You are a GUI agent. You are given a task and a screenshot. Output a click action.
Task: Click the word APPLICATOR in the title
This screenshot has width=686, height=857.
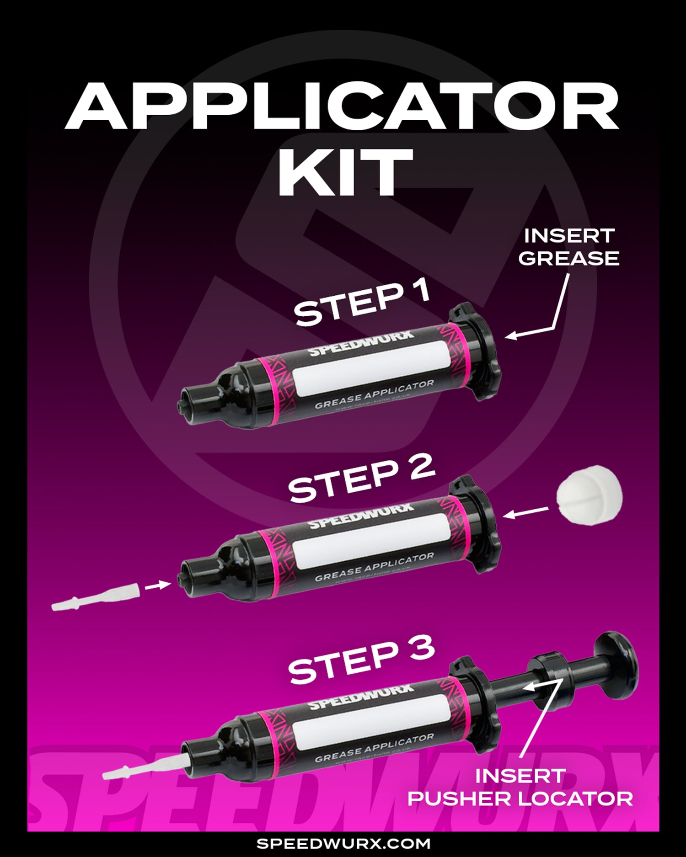point(342,106)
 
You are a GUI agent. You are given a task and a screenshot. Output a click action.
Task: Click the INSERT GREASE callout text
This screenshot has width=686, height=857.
point(568,247)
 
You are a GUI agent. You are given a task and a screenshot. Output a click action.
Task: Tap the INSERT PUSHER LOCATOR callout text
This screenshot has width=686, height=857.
point(520,787)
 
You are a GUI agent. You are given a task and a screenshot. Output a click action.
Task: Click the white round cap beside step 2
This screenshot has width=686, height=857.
point(590,495)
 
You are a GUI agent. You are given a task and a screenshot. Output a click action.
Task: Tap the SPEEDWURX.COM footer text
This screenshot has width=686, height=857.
point(343,843)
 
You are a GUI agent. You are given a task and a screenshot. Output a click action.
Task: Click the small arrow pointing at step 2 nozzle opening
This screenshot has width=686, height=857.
point(158,585)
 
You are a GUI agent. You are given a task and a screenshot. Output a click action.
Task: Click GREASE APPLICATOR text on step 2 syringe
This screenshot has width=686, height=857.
point(374,567)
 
